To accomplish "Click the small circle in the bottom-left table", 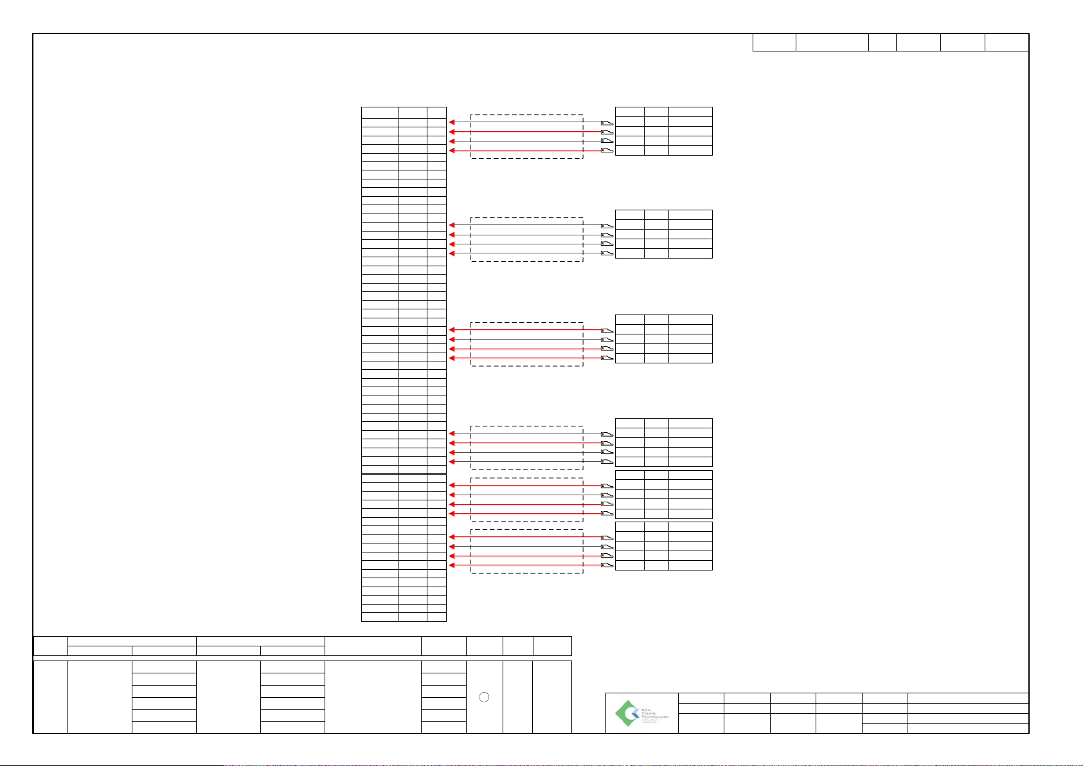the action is tap(485, 698).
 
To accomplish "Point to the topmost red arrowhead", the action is tap(452, 122).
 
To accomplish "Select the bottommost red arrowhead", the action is tap(452, 565).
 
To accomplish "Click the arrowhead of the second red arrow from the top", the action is tap(452, 132).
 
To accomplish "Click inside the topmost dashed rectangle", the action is tap(526, 136).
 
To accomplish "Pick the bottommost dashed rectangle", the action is tap(526, 551).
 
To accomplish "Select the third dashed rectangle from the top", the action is tap(526, 344).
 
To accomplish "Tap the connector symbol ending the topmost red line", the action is tap(607, 122).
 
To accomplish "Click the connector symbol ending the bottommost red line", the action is tap(607, 565).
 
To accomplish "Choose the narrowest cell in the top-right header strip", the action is tap(882, 42).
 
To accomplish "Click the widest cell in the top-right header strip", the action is tap(832, 42).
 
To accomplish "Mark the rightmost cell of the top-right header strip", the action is tap(1007, 42).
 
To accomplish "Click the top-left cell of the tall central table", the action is tap(379, 112).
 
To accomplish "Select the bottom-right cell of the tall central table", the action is tap(436, 617).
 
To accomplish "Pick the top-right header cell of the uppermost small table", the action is tap(690, 112).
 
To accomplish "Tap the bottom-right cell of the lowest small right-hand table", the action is tap(690, 565).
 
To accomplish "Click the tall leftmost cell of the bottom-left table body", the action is tap(50, 697).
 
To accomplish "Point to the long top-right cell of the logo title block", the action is tap(968, 698).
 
